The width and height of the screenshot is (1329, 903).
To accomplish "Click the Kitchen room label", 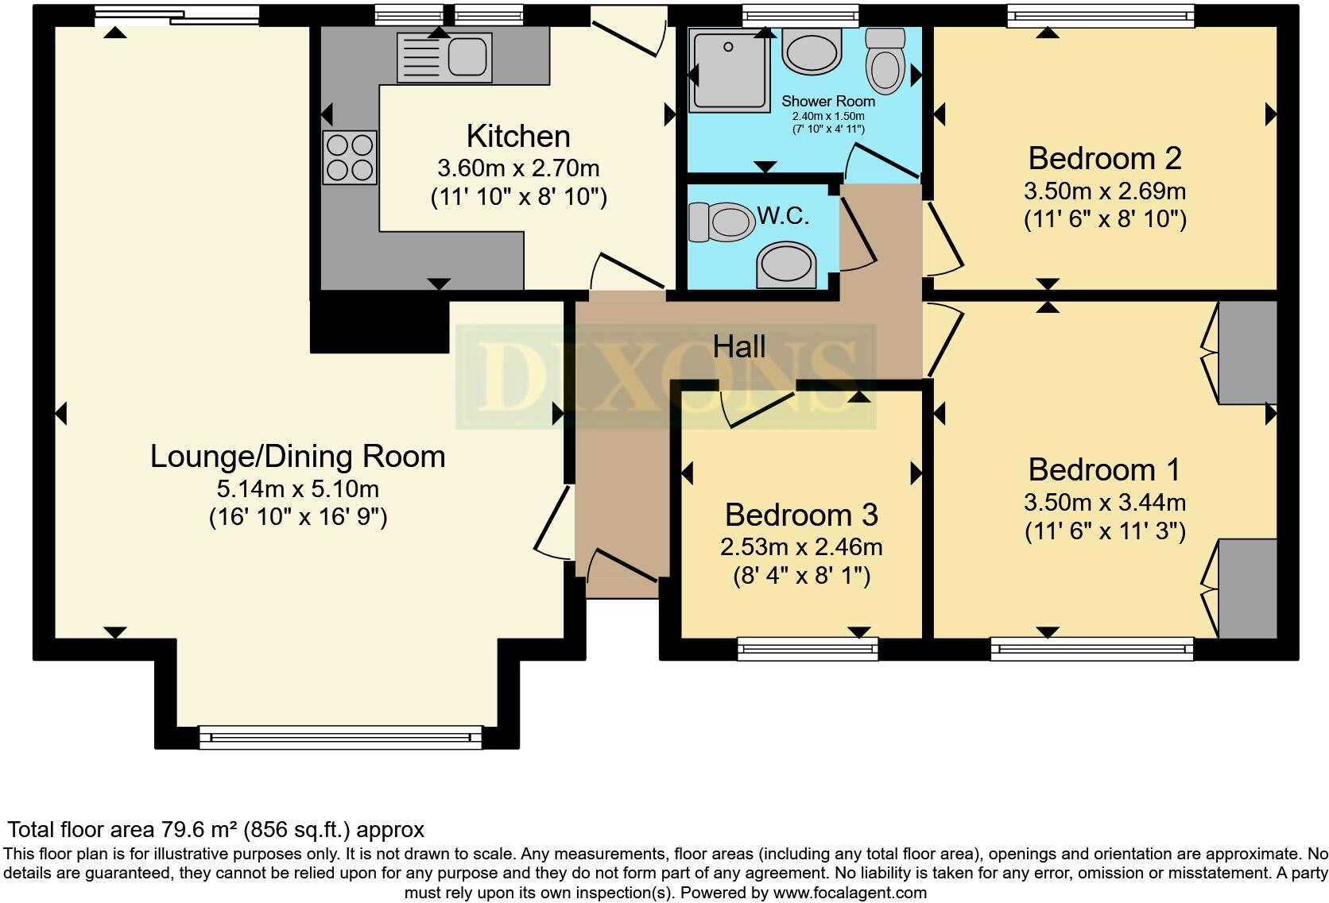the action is point(518,137).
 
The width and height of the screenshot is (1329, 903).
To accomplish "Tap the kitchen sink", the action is point(444,57).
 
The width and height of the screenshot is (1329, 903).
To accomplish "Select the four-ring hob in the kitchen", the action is point(350,157).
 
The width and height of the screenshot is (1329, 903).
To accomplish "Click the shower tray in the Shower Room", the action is point(729,70).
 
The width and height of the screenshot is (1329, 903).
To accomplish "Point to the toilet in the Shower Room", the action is point(885,61).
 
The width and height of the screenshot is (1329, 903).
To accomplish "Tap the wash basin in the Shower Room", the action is point(812,52).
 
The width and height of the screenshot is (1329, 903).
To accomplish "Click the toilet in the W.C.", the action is point(722,222).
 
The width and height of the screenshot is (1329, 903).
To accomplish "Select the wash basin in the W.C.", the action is point(785,264).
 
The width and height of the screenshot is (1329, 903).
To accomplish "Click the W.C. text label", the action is point(783,216).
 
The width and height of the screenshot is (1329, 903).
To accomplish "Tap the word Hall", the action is point(739,346).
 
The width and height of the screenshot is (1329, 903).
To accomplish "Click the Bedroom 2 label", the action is point(1105,158).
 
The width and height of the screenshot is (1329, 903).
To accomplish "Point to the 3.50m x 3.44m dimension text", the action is point(1105,502).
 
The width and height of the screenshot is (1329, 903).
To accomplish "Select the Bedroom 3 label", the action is point(801,515).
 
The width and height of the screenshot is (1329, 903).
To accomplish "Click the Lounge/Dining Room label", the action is point(298,457).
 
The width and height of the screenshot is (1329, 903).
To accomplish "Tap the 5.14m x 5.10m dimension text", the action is point(298,488).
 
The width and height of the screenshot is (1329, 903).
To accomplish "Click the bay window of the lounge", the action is point(340,738).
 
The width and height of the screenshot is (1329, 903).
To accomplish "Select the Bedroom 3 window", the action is point(808,649).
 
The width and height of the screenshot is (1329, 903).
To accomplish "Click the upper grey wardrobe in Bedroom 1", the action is point(1248,353).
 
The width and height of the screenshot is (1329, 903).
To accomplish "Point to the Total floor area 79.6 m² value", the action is point(216,829).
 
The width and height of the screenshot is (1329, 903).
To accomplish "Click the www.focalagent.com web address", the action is point(850,893).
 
